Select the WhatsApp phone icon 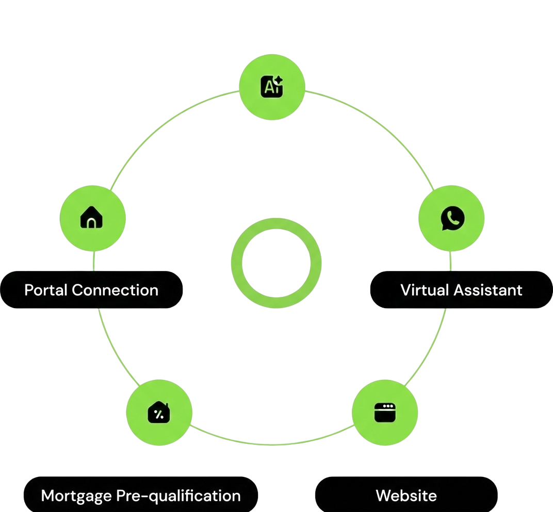click(x=452, y=218)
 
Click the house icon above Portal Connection click(x=92, y=217)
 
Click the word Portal click(x=46, y=290)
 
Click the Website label click(x=406, y=496)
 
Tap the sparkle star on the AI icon click(x=279, y=80)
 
